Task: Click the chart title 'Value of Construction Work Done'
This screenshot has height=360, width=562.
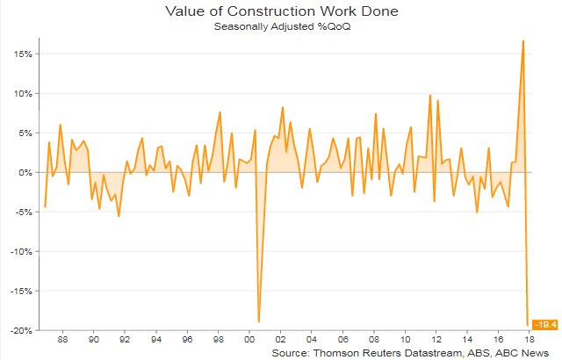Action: (x=280, y=11)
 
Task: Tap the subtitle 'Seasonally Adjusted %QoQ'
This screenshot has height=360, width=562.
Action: (x=280, y=26)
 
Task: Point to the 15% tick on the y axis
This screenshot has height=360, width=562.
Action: (x=22, y=54)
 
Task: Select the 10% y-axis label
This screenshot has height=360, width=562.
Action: (x=22, y=93)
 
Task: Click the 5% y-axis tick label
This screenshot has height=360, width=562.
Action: (x=25, y=133)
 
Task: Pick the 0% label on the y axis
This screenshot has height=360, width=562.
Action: (x=25, y=172)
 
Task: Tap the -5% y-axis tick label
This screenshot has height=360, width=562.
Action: (x=23, y=212)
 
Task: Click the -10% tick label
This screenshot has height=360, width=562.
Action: (x=20, y=251)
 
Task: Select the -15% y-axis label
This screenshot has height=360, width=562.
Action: (x=20, y=291)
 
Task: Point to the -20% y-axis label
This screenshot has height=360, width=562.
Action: (x=20, y=330)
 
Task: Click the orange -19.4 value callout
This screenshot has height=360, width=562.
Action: (x=544, y=326)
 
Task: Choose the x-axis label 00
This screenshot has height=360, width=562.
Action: (x=249, y=338)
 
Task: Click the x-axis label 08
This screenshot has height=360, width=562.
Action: (x=374, y=338)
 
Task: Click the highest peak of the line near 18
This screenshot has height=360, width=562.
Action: (x=523, y=40)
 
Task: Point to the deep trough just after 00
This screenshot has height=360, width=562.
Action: (x=259, y=321)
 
